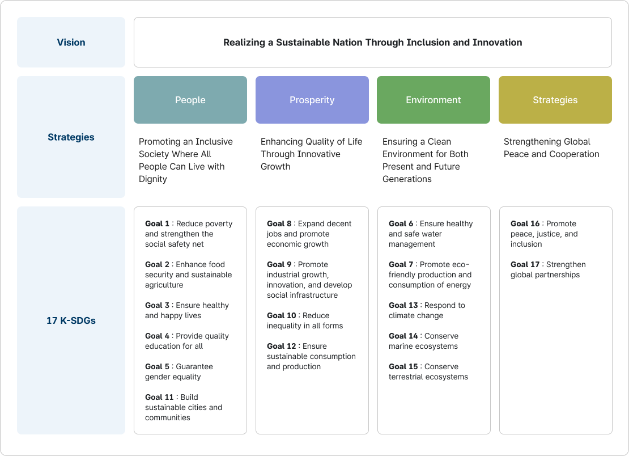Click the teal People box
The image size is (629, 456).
click(x=190, y=100)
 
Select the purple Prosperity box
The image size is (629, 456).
click(x=312, y=100)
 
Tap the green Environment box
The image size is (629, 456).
click(x=433, y=100)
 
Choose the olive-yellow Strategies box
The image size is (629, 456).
click(x=555, y=100)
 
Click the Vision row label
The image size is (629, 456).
click(x=71, y=43)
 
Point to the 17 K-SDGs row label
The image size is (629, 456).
click(x=71, y=320)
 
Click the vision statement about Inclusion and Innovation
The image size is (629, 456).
click(x=372, y=43)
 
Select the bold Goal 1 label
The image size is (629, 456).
click(x=157, y=223)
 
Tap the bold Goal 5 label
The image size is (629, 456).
click(x=157, y=366)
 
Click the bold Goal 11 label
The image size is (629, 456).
click(x=159, y=397)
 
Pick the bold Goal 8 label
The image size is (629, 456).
click(x=279, y=223)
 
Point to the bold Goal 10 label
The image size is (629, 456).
click(x=281, y=315)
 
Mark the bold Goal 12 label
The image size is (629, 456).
click(x=281, y=346)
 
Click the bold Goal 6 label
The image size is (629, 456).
click(x=401, y=223)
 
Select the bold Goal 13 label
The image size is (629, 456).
click(x=403, y=305)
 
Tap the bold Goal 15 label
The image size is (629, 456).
click(x=403, y=366)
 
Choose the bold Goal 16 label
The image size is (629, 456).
click(x=525, y=223)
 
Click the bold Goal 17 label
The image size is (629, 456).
click(x=525, y=264)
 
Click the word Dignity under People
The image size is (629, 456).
click(x=153, y=179)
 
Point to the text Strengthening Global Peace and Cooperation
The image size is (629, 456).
click(x=551, y=148)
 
